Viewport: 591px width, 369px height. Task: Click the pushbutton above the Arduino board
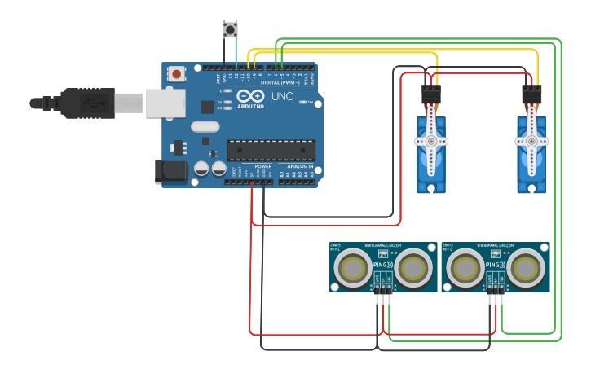(x=230, y=30)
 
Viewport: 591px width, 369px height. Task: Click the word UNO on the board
(x=283, y=97)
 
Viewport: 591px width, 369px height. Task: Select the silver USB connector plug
(x=128, y=103)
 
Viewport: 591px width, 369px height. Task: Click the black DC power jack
(x=170, y=170)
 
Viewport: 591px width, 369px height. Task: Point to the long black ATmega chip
(x=271, y=150)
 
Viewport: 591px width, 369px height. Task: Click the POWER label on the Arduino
(x=262, y=166)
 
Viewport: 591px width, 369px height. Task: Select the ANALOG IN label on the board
(x=299, y=166)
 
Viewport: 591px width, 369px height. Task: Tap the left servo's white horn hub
(x=431, y=141)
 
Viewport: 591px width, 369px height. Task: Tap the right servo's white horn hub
(x=531, y=141)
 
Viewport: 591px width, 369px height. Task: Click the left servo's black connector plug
(x=431, y=94)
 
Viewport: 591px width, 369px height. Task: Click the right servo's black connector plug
(x=531, y=94)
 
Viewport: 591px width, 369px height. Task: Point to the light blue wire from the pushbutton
(x=236, y=53)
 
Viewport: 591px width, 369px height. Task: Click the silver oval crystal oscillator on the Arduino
(x=206, y=126)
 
